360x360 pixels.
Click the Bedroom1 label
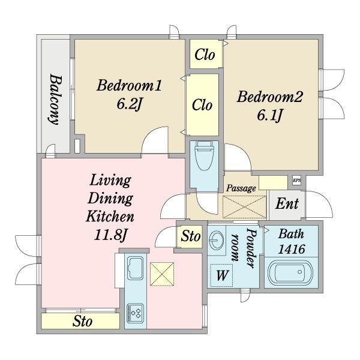coord(129,85)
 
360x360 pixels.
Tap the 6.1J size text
coord(269,115)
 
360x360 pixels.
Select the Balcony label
coord(56,99)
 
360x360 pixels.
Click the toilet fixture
coord(204,155)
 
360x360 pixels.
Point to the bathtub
coord(290,273)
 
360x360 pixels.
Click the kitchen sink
coord(136,268)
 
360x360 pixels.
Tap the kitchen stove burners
coord(136,313)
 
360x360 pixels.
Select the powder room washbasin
coord(216,240)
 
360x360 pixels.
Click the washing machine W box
coord(222,275)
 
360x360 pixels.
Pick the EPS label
coord(296,181)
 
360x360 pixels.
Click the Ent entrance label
coord(287,203)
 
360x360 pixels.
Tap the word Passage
coord(241,188)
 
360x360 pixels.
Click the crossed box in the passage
coord(245,207)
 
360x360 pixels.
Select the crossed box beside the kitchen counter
coord(162,274)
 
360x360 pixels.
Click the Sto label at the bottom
coord(82,321)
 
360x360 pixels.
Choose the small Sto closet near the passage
coord(190,236)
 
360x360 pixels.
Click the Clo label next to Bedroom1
coord(202,105)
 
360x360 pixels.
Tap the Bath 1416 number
coord(292,248)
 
